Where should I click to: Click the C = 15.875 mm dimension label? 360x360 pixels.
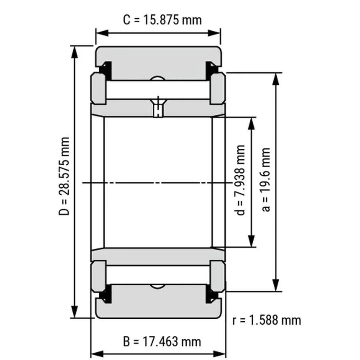point(162,20)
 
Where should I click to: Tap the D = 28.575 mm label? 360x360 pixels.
point(64,176)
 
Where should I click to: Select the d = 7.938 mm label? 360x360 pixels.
point(240,180)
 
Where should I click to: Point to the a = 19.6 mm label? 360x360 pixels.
point(266,180)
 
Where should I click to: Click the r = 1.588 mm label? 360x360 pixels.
point(266,320)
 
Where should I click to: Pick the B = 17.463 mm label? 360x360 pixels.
point(162,342)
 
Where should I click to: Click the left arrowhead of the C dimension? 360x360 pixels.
point(102,33)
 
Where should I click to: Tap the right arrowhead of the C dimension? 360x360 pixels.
point(214,33)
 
